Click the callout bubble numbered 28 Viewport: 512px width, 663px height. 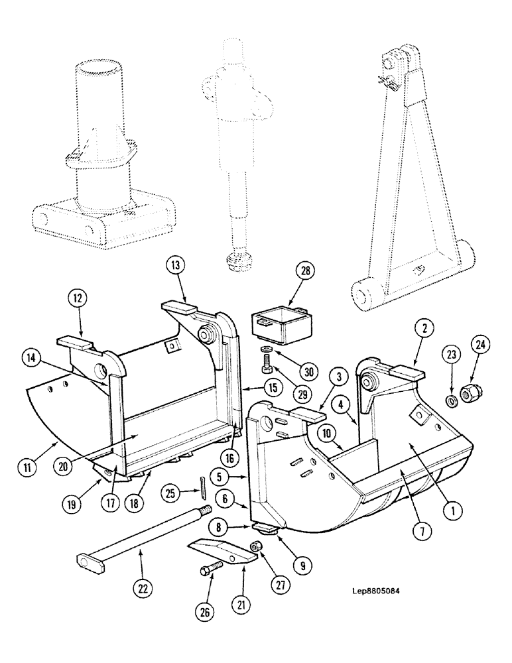(305, 272)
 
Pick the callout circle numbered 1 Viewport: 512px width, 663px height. (452, 510)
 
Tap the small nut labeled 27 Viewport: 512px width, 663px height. (255, 546)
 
